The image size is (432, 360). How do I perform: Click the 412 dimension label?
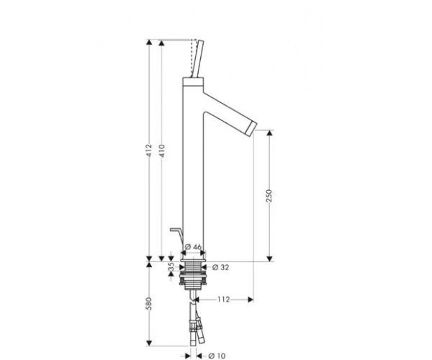(149, 150)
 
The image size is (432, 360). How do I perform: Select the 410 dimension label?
(162, 150)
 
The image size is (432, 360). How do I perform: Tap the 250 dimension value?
(269, 196)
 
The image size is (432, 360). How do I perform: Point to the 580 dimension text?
(149, 303)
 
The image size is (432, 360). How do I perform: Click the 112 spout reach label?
(223, 300)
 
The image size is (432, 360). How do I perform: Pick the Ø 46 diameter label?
(193, 247)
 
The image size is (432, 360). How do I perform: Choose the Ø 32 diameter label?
(221, 267)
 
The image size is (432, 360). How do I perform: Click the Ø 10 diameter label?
(217, 356)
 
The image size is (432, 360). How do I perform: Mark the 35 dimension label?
(171, 266)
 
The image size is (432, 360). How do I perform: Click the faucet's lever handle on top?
(197, 58)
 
